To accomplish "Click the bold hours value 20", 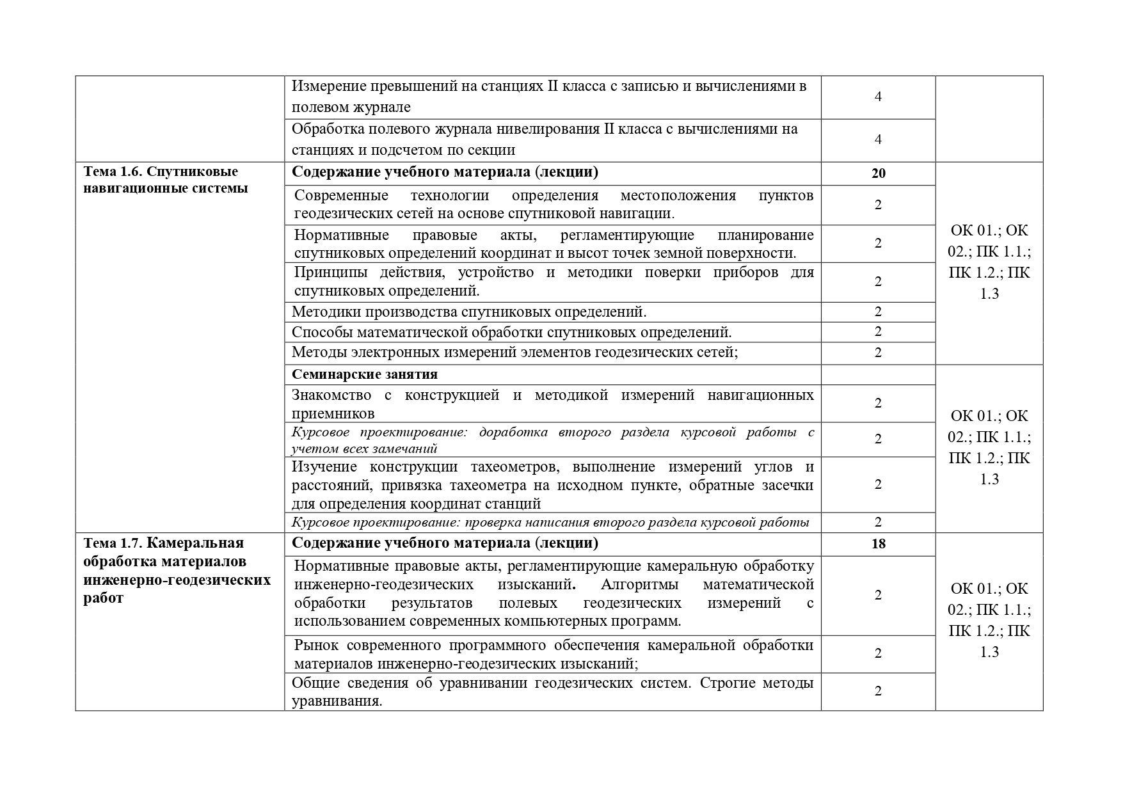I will click(878, 173).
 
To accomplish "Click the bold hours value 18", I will click(878, 544).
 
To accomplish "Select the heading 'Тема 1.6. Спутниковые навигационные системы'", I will click(166, 180).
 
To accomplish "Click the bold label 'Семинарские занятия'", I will click(365, 374).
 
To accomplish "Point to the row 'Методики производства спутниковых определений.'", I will click(469, 312).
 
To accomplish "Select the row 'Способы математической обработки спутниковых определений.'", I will click(511, 332).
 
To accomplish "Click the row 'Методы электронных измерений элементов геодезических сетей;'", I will click(514, 353).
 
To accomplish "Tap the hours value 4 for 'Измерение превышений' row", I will click(878, 97).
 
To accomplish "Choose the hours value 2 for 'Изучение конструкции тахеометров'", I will click(878, 484).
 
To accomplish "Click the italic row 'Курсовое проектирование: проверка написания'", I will click(550, 523).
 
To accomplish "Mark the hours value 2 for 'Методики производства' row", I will click(878, 312).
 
